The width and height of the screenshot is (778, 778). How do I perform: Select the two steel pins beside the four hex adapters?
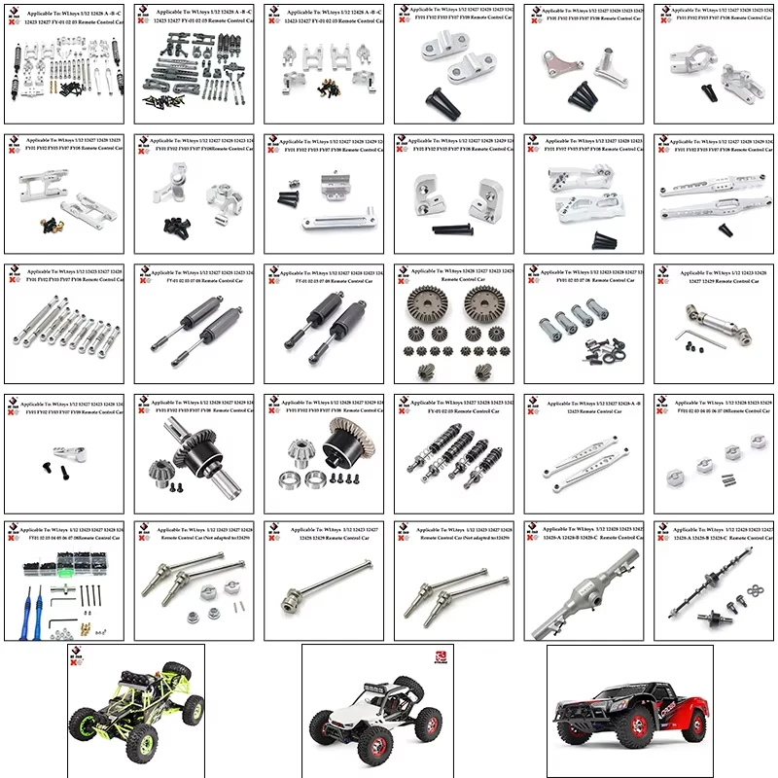pos(735,477)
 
